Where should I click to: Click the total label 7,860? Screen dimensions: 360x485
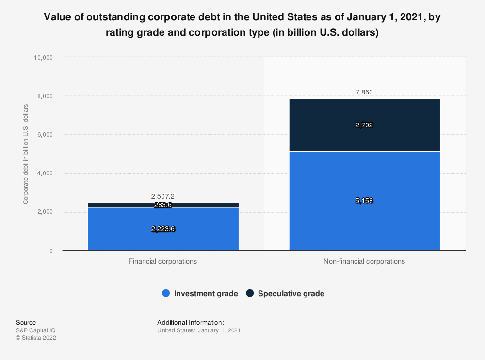click(364, 92)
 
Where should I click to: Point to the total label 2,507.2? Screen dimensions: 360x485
click(163, 196)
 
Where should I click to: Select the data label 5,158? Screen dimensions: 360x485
click(364, 201)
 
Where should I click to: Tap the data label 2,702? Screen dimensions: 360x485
click(364, 125)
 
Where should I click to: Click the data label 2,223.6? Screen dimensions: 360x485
click(163, 229)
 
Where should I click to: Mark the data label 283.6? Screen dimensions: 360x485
click(163, 205)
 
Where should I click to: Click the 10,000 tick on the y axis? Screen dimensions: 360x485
click(43, 57)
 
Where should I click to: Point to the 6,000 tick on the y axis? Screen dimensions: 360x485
click(45, 135)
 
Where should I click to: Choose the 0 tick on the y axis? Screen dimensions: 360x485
click(50, 251)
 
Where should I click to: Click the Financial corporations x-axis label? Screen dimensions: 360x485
click(163, 261)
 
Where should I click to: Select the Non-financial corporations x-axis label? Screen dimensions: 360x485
click(364, 261)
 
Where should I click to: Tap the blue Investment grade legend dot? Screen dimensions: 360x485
click(166, 293)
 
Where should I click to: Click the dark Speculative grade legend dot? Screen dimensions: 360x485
click(250, 293)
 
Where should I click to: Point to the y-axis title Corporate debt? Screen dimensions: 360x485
click(25, 154)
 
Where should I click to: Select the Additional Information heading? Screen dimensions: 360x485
click(191, 322)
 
